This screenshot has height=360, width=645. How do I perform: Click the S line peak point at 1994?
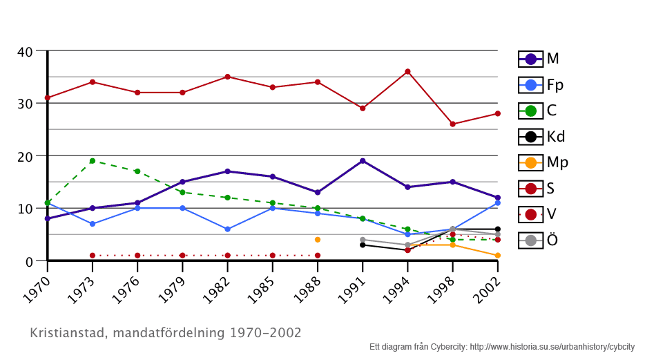[407, 71]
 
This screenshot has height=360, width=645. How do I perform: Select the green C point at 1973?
[92, 161]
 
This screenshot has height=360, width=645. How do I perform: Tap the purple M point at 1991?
[363, 161]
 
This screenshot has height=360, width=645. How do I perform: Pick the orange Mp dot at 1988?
[318, 240]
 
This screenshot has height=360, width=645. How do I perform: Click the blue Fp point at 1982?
[227, 229]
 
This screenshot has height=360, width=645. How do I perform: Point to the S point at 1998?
[452, 124]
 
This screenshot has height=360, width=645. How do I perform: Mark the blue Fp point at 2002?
[497, 203]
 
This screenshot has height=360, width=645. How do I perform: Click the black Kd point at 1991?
[363, 245]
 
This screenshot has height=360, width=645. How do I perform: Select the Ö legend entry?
[539, 240]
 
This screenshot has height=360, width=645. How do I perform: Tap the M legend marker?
[530, 59]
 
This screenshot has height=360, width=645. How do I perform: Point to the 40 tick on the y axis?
[24, 51]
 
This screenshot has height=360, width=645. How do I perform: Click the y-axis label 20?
[24, 156]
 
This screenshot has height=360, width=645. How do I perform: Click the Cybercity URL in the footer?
[552, 346]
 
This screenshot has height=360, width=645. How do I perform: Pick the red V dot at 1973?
[92, 256]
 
